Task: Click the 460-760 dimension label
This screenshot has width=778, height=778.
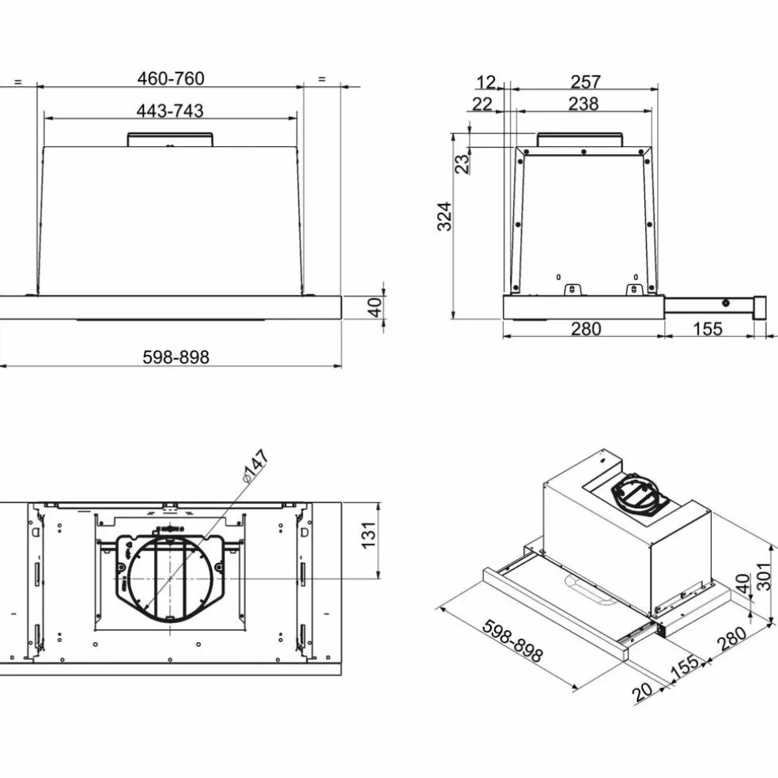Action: [171, 78]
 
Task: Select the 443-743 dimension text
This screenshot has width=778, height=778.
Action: [170, 111]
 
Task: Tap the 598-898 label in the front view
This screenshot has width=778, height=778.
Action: [176, 357]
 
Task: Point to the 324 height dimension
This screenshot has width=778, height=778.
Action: [444, 217]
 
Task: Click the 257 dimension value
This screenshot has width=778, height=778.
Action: [586, 81]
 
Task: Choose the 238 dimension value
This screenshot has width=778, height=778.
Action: [583, 104]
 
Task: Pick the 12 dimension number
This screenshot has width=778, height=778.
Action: [485, 81]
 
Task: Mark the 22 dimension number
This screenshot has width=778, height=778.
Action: [482, 104]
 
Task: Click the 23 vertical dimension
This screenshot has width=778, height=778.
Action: [462, 164]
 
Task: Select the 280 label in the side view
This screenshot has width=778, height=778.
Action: [586, 328]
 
